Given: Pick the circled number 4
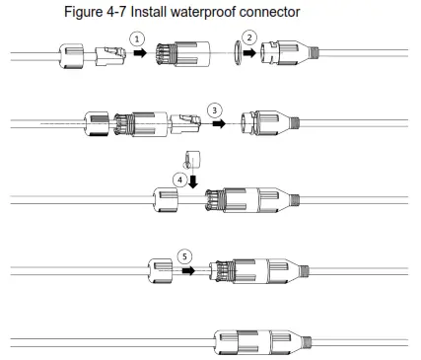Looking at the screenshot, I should [x=178, y=180].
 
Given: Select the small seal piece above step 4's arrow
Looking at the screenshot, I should [x=193, y=160].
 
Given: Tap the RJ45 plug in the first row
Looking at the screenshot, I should [x=110, y=58].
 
